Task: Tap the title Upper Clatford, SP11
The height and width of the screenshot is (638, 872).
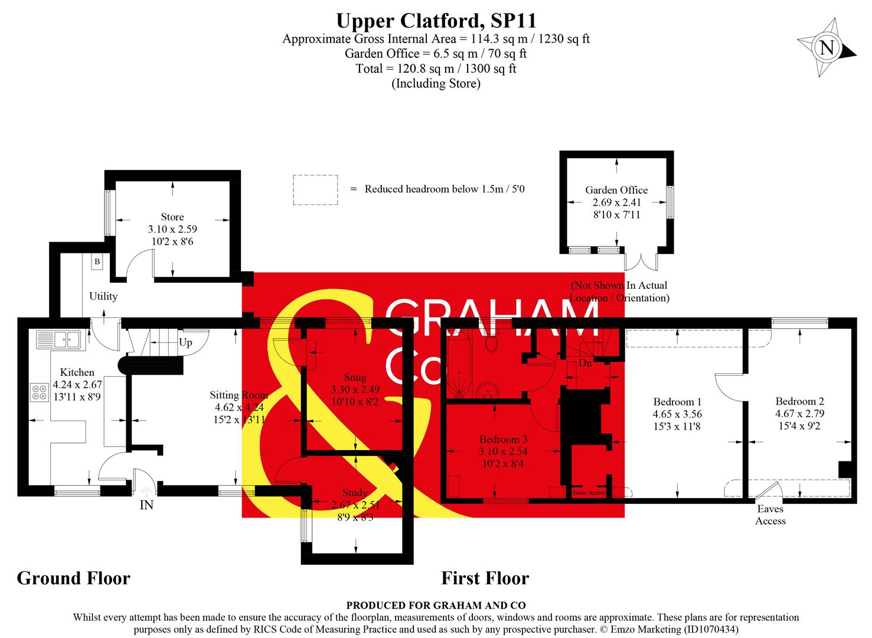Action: [436, 21]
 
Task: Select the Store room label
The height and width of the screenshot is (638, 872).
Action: [172, 217]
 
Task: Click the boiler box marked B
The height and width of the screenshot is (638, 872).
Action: [97, 262]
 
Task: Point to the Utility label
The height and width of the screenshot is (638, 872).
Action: [103, 296]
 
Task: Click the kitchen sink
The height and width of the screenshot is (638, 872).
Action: [58, 339]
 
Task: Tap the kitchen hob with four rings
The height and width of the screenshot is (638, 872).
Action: [40, 393]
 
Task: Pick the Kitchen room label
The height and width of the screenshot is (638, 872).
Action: [77, 372]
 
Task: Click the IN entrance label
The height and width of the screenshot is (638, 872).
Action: [146, 505]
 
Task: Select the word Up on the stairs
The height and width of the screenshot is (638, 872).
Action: [185, 343]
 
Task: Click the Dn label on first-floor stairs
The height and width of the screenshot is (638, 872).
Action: [584, 363]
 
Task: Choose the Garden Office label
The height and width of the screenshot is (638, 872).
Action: [616, 190]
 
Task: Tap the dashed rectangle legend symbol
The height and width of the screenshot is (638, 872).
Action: [315, 190]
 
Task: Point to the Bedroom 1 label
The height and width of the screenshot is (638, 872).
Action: [677, 402]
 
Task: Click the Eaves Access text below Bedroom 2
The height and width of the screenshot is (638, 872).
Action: [770, 515]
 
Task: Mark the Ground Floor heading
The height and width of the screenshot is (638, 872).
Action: [73, 578]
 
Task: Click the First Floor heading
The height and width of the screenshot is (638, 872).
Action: [485, 578]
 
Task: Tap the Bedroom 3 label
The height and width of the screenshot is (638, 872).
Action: [503, 439]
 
